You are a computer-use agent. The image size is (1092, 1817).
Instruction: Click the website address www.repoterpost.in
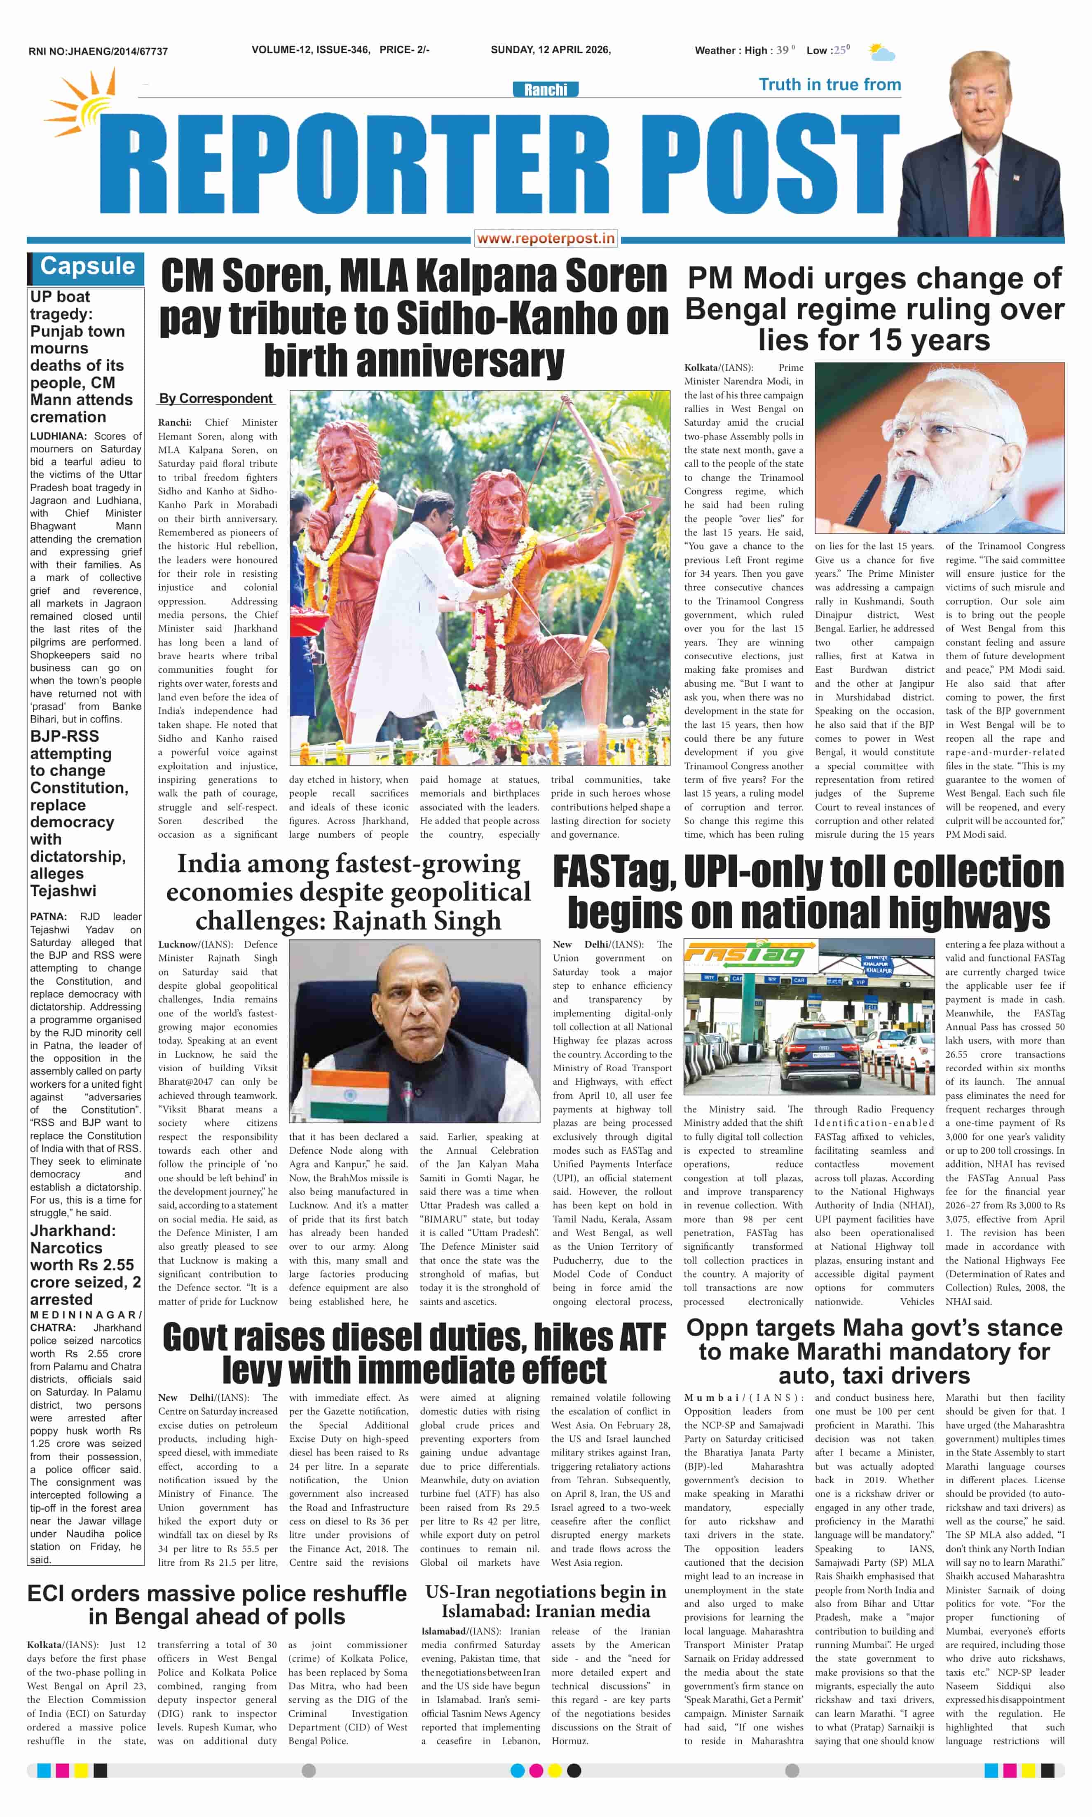click(x=545, y=238)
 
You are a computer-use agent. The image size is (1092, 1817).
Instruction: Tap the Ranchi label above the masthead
click(x=545, y=90)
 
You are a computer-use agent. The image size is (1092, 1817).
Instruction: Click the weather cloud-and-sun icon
click(x=881, y=52)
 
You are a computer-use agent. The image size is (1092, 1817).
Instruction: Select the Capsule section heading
click(x=87, y=266)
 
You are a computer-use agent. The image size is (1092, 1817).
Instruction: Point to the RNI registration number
click(x=98, y=52)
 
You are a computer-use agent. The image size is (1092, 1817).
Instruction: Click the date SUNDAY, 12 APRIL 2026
click(x=551, y=50)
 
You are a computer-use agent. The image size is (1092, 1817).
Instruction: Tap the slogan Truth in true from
click(x=829, y=84)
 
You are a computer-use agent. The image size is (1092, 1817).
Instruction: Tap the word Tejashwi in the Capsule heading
click(x=63, y=891)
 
